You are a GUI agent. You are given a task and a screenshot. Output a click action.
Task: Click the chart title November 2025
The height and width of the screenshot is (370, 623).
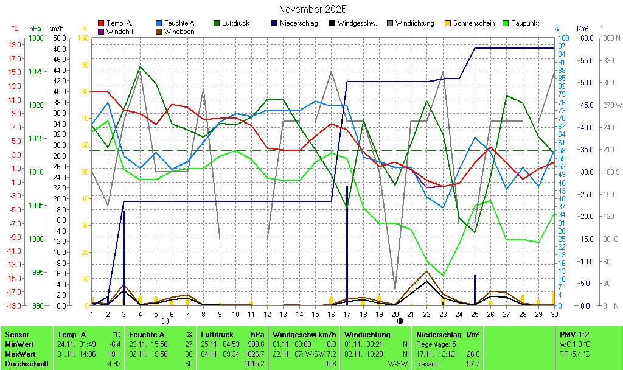click(313, 9)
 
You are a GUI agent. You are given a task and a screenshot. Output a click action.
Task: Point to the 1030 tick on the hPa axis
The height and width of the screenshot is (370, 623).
click(36, 38)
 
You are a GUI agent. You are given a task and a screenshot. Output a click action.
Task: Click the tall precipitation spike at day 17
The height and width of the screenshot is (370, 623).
click(347, 243)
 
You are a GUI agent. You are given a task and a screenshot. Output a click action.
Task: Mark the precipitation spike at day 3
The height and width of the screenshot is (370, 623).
click(124, 256)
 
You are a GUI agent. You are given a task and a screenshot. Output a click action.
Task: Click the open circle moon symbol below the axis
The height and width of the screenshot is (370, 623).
click(165, 321)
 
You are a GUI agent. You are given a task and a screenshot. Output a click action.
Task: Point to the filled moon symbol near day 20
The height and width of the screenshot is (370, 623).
click(400, 321)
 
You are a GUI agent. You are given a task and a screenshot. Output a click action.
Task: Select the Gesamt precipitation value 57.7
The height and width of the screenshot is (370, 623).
click(472, 363)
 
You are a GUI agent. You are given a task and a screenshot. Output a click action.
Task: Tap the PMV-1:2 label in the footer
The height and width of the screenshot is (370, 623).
click(574, 334)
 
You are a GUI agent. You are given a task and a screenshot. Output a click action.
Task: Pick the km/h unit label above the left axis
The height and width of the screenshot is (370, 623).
click(55, 28)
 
